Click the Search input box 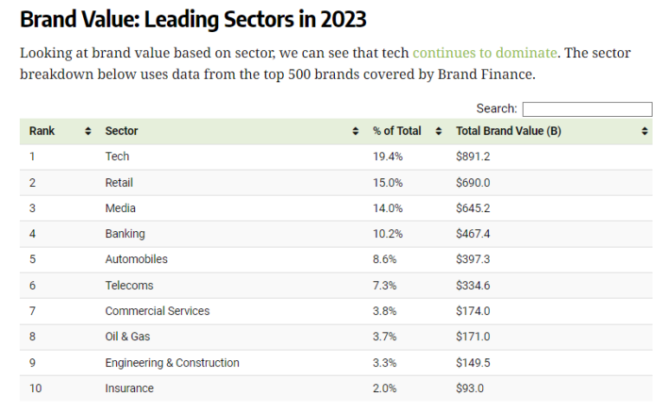coord(587,109)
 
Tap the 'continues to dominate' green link coord(485,53)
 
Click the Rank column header coord(42,131)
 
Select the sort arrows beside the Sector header coord(356,132)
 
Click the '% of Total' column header coord(396,131)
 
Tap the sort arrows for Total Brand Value coord(645,132)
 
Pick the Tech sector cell coord(117,157)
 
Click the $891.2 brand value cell coord(473,157)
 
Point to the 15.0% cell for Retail coord(388,183)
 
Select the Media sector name coord(120,208)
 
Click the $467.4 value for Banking coord(473,234)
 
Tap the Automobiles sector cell coord(136,260)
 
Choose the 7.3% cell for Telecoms coord(384,286)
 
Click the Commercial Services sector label coord(158,311)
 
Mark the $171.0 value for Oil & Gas coord(473,337)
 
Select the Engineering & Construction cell coord(172,363)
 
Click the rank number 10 coord(35,388)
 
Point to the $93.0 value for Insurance coord(470,388)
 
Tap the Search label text coord(496,109)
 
